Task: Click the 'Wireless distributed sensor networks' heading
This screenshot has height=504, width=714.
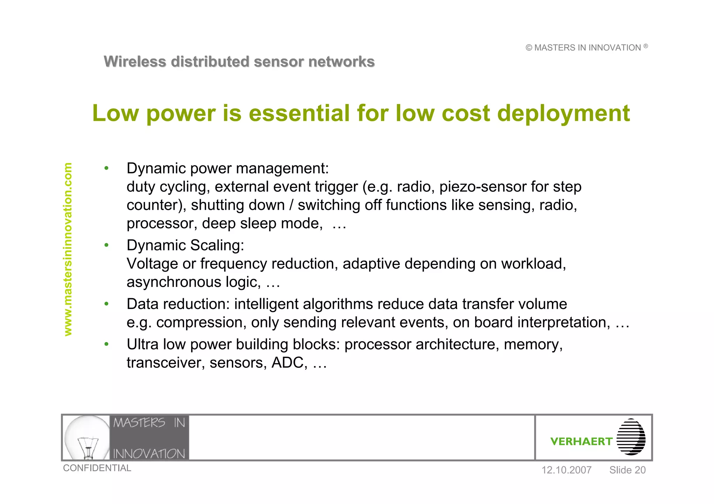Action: (239, 62)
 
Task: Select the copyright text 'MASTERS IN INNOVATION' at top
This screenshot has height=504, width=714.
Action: (587, 48)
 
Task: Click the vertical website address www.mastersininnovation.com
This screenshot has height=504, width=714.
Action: (68, 249)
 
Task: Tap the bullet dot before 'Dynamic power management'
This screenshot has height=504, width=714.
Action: (106, 169)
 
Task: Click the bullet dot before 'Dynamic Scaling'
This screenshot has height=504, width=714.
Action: (106, 246)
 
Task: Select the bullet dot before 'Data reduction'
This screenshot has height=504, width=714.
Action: (106, 304)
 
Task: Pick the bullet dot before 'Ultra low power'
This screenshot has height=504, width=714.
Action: (106, 344)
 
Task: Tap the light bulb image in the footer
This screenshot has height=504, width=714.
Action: (87, 437)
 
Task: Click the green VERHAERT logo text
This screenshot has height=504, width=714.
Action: (581, 442)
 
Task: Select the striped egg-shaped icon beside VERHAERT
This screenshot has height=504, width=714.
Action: (631, 437)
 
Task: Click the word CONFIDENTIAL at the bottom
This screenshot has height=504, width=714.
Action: (97, 468)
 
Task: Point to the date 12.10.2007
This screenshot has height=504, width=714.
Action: (566, 470)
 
